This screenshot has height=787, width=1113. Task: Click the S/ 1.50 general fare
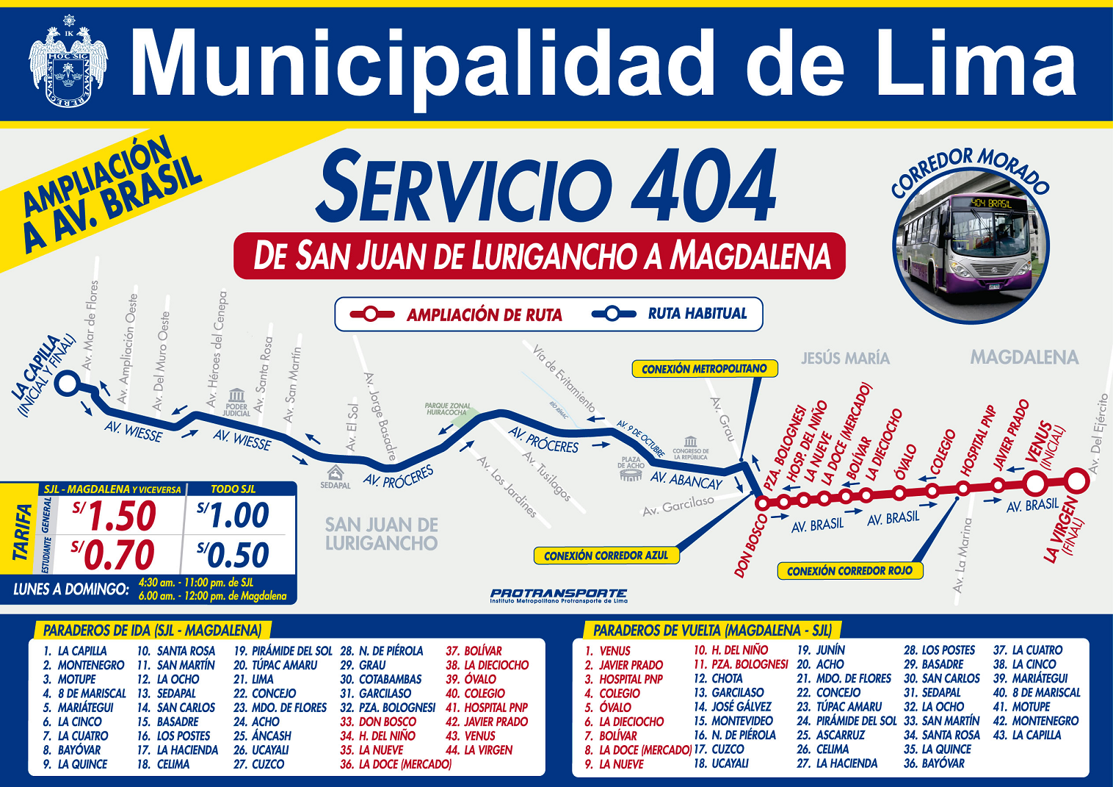(115, 516)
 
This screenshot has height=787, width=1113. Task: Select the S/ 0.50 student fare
(233, 556)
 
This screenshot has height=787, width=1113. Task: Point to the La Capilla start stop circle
(68, 383)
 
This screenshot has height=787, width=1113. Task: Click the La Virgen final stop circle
(1076, 481)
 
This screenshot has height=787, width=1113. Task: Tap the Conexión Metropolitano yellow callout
(704, 369)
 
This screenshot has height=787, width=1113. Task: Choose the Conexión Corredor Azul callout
(606, 556)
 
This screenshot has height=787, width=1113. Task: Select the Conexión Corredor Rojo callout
(849, 571)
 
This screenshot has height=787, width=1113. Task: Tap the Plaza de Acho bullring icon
(631, 475)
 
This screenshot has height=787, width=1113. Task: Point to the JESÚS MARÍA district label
(845, 359)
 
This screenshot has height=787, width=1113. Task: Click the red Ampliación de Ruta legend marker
(371, 315)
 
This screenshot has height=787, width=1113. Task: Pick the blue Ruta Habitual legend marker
(614, 314)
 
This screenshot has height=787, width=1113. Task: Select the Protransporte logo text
(559, 593)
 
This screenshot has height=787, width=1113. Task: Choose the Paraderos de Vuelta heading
(712, 630)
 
